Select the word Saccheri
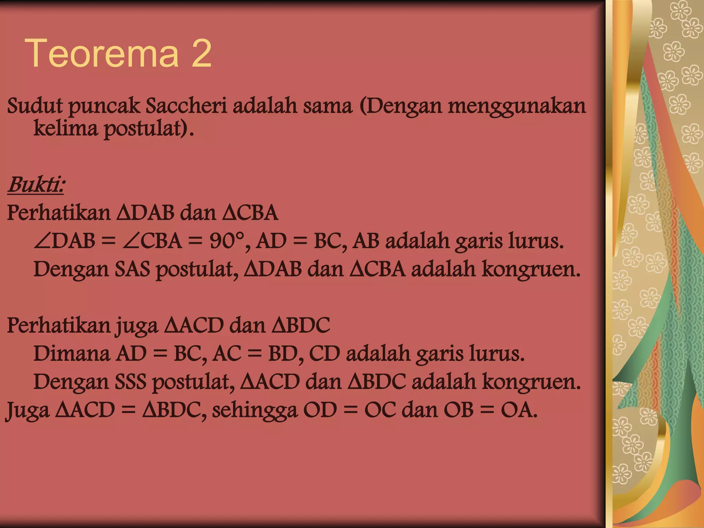[x=186, y=106]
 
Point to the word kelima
[x=65, y=129]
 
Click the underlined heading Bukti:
[x=36, y=185]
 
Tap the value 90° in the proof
[x=227, y=241]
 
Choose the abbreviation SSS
[x=131, y=382]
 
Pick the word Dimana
[x=71, y=353]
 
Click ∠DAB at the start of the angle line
[x=64, y=241]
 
